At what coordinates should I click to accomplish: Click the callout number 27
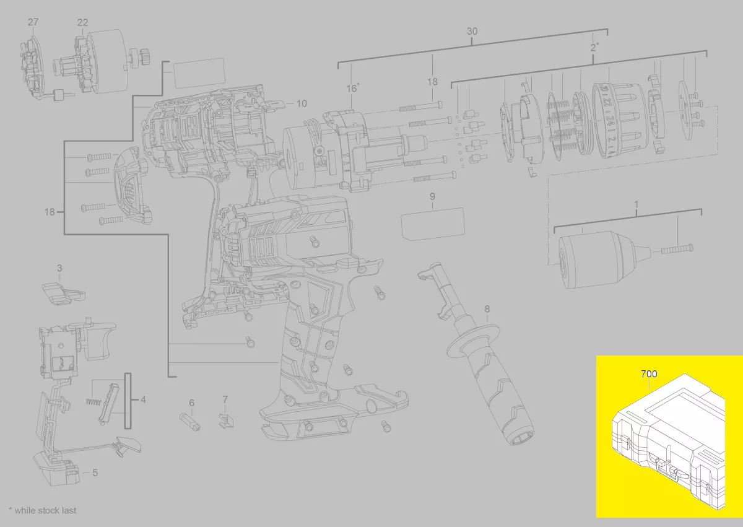[x=33, y=22]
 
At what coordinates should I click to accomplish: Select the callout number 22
[x=82, y=22]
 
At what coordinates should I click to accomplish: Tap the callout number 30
[x=472, y=32]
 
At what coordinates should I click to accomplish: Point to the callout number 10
[x=302, y=104]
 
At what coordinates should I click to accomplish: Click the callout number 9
[x=432, y=197]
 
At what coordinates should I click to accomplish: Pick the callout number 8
[x=487, y=309]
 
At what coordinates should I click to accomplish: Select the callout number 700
[x=649, y=374]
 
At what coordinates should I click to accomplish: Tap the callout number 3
[x=59, y=268]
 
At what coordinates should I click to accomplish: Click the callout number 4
[x=143, y=399]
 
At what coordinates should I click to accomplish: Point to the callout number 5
[x=95, y=473]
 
